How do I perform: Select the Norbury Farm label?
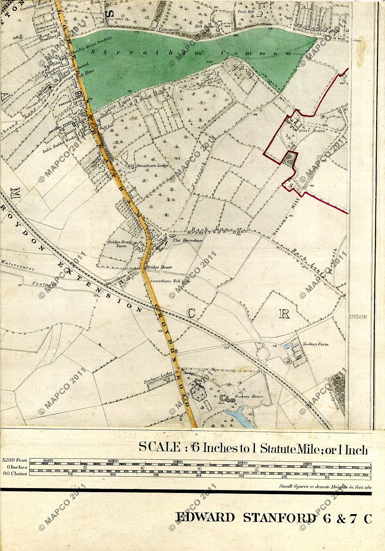tap(316, 344)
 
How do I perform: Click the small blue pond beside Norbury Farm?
tap(287, 346)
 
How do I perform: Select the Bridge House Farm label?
tap(117, 244)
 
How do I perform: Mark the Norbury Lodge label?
tap(156, 382)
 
